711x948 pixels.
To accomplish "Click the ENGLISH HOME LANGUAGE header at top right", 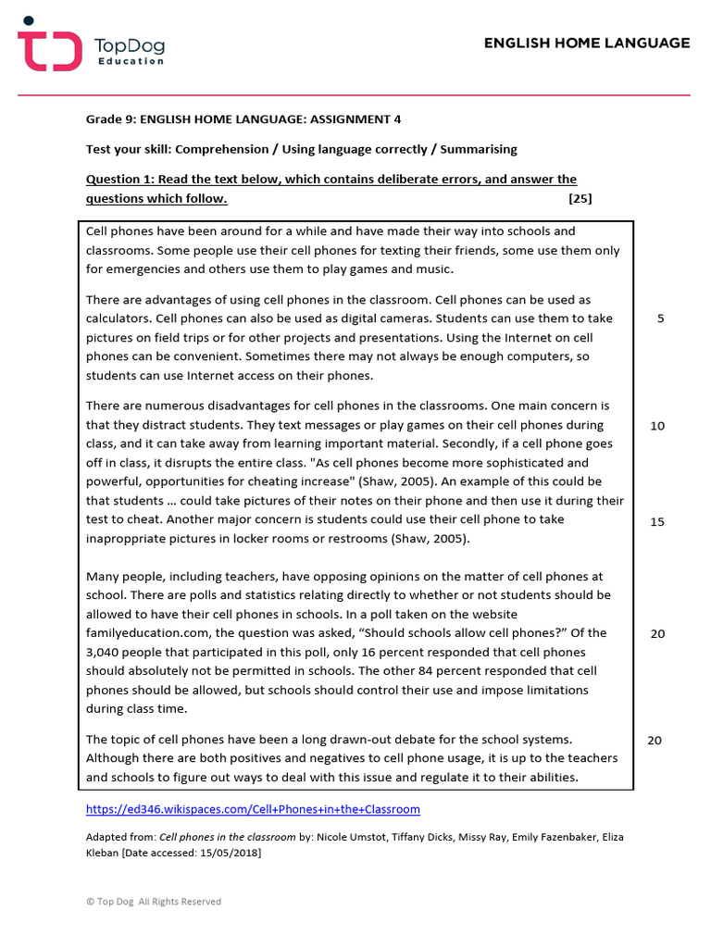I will coord(587,43).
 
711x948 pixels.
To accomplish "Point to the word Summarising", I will coord(479,149).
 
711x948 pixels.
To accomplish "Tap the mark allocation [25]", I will coord(580,198).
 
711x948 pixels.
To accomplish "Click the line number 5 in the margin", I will coord(660,318).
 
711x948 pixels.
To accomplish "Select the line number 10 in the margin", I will coord(657,426).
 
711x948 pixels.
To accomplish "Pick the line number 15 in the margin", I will coord(657,522).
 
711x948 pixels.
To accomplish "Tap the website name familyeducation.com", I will coord(146,633).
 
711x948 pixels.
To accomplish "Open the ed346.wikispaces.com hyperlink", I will coord(253,809).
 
